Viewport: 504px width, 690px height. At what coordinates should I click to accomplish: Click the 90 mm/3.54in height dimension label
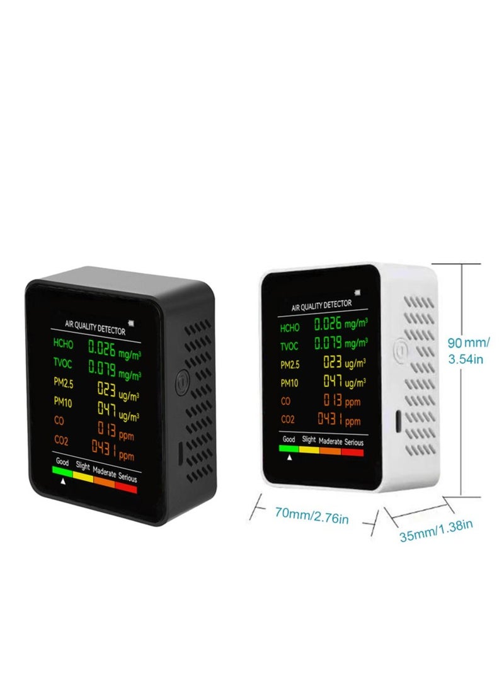coord(468,350)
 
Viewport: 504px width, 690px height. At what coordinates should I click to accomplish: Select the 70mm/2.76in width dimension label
coord(312,516)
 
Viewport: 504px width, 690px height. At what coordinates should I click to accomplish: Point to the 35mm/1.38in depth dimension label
coord(436,531)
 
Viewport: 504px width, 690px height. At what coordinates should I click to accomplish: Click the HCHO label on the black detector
coord(64,343)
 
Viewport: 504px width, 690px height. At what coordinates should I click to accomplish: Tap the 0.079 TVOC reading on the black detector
coord(102,368)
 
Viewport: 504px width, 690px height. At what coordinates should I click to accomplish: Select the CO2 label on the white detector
coord(287,419)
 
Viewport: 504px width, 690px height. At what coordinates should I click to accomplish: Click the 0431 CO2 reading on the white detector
coord(329,419)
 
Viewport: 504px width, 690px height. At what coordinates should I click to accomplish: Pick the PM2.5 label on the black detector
coord(64,382)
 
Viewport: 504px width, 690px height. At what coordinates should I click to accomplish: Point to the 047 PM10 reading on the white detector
coord(333,381)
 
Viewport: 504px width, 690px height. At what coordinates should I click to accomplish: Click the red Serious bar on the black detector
coord(126,487)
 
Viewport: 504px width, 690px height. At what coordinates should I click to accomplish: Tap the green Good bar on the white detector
coord(289,448)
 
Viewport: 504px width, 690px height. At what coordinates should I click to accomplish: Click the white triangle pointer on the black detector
coord(63,482)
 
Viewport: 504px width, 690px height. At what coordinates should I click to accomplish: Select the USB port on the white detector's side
coord(398,421)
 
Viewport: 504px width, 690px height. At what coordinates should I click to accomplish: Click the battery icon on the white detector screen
coord(357,292)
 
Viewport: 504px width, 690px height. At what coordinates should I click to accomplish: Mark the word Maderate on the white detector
coord(330,441)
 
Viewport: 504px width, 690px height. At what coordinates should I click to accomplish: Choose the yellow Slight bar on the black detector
coord(83,476)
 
